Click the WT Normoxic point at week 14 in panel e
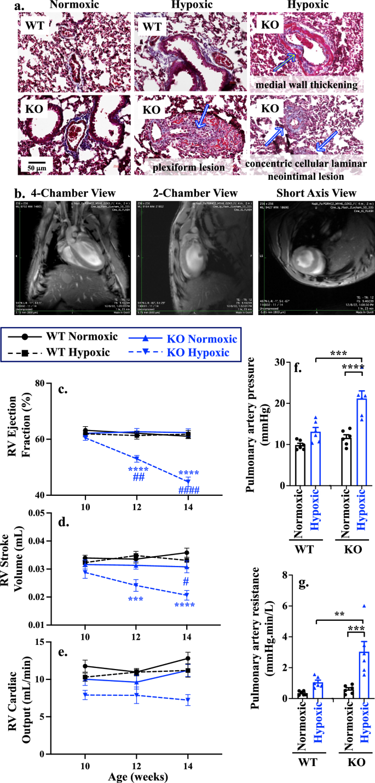coord(187,658)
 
